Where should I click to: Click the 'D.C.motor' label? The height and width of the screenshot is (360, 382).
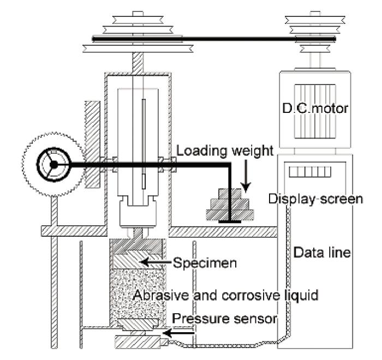coord(315,108)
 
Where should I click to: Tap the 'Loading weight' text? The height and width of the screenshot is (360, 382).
coord(225,151)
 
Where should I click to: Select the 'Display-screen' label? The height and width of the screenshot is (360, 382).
coord(315,199)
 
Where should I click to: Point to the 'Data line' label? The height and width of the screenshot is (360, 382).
coord(322,253)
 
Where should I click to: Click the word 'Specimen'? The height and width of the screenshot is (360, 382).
coord(205,263)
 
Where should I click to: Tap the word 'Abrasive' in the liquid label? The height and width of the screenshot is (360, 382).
coord(161,295)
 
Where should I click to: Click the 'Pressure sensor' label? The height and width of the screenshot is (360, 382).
coord(225,319)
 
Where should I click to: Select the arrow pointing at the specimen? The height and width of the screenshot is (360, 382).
coord(156,262)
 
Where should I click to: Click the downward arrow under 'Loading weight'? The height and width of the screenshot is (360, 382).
coord(246,176)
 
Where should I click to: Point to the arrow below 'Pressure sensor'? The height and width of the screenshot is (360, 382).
coord(178,333)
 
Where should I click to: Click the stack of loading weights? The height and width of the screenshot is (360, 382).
coord(230,205)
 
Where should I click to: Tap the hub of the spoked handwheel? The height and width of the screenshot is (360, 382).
coord(53,165)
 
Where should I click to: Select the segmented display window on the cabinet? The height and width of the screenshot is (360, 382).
coord(310,172)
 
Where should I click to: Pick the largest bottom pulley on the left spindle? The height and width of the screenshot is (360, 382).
coord(138,49)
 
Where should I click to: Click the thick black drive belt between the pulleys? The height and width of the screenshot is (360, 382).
coord(214,39)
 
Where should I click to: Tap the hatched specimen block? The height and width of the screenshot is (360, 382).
coord(138,262)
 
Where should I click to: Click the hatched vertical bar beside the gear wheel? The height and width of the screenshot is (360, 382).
coord(92,145)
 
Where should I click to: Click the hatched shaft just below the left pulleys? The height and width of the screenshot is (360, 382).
coord(138,62)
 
